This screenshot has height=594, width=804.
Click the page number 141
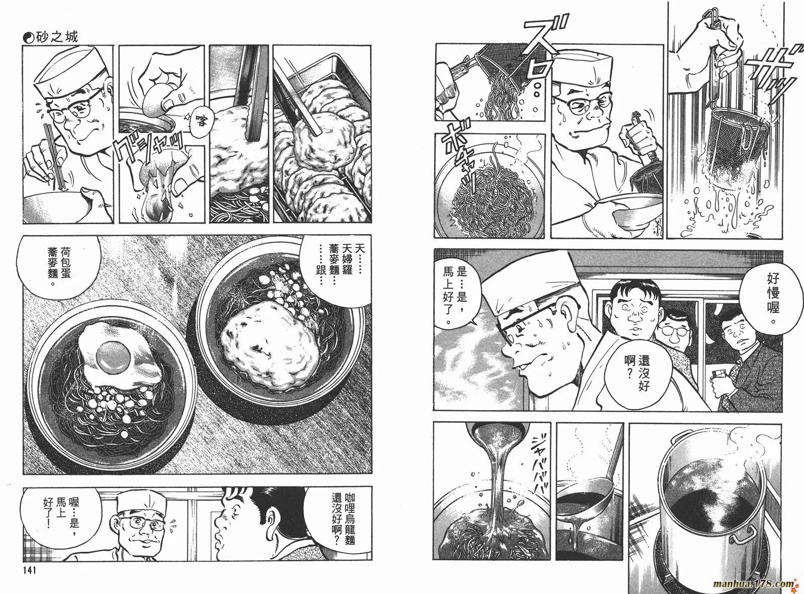tap(30, 570)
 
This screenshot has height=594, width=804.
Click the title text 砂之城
tap(57, 37)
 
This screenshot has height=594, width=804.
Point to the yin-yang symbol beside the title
tap(28, 38)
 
